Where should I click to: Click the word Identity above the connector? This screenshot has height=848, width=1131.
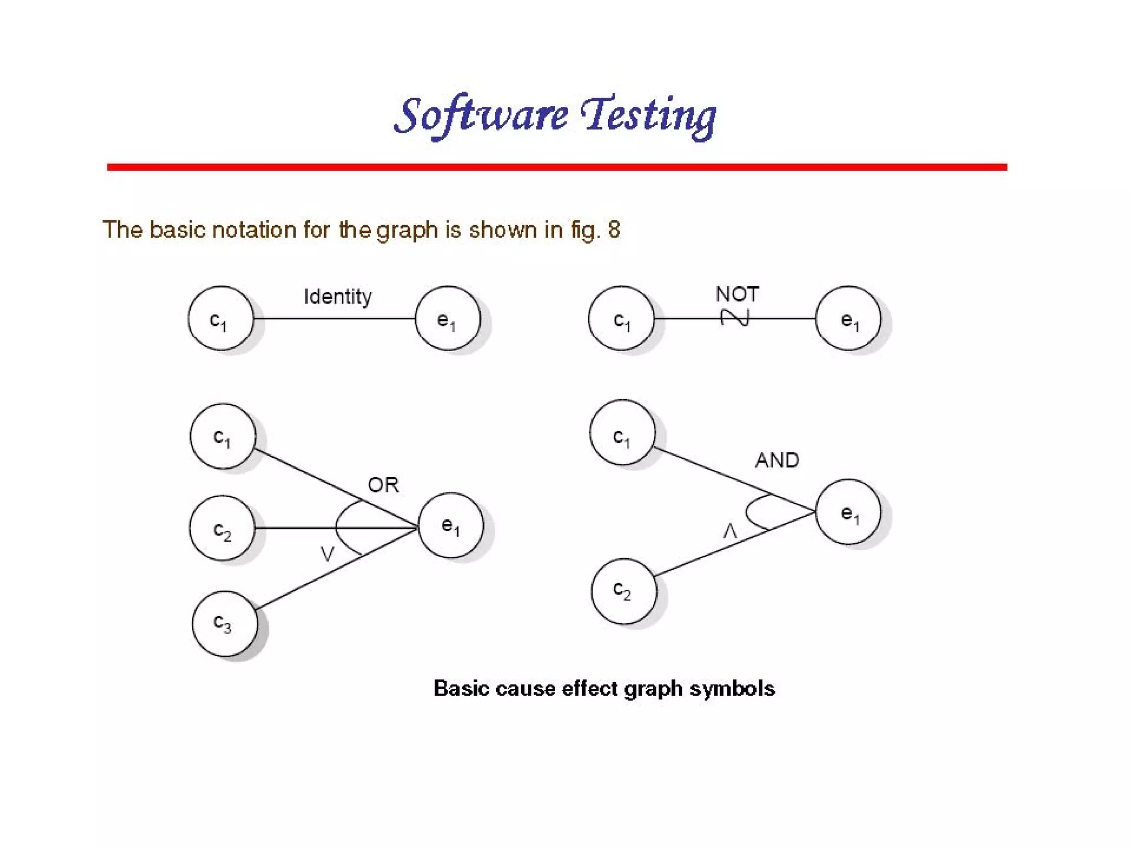coord(337,296)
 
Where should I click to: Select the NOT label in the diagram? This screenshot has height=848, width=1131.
coord(737,294)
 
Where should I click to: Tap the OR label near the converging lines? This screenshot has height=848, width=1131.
coord(383,485)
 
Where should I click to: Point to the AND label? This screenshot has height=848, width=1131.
coord(776,460)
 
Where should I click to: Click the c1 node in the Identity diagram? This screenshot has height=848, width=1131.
coord(221,319)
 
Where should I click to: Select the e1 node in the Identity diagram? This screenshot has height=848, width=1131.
coord(447,319)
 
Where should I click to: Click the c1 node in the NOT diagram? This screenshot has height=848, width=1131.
coord(621,319)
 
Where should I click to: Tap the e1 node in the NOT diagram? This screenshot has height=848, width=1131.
coord(848,319)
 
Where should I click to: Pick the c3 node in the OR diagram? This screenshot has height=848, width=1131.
coord(224,624)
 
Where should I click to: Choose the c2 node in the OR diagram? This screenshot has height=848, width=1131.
coord(223,528)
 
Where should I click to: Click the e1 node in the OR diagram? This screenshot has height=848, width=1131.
coord(451,525)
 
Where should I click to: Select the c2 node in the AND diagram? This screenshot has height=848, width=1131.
coord(623,591)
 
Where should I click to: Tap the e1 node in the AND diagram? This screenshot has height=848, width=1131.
coord(848,512)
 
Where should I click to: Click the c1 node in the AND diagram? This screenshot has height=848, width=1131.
coord(622,433)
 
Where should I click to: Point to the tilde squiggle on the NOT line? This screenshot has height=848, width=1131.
coord(735,317)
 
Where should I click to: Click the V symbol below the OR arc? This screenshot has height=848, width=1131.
coord(327,554)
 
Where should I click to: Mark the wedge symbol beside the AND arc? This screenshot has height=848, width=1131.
coord(730,532)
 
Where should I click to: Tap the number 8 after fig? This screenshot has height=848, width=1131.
coord(614,230)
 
